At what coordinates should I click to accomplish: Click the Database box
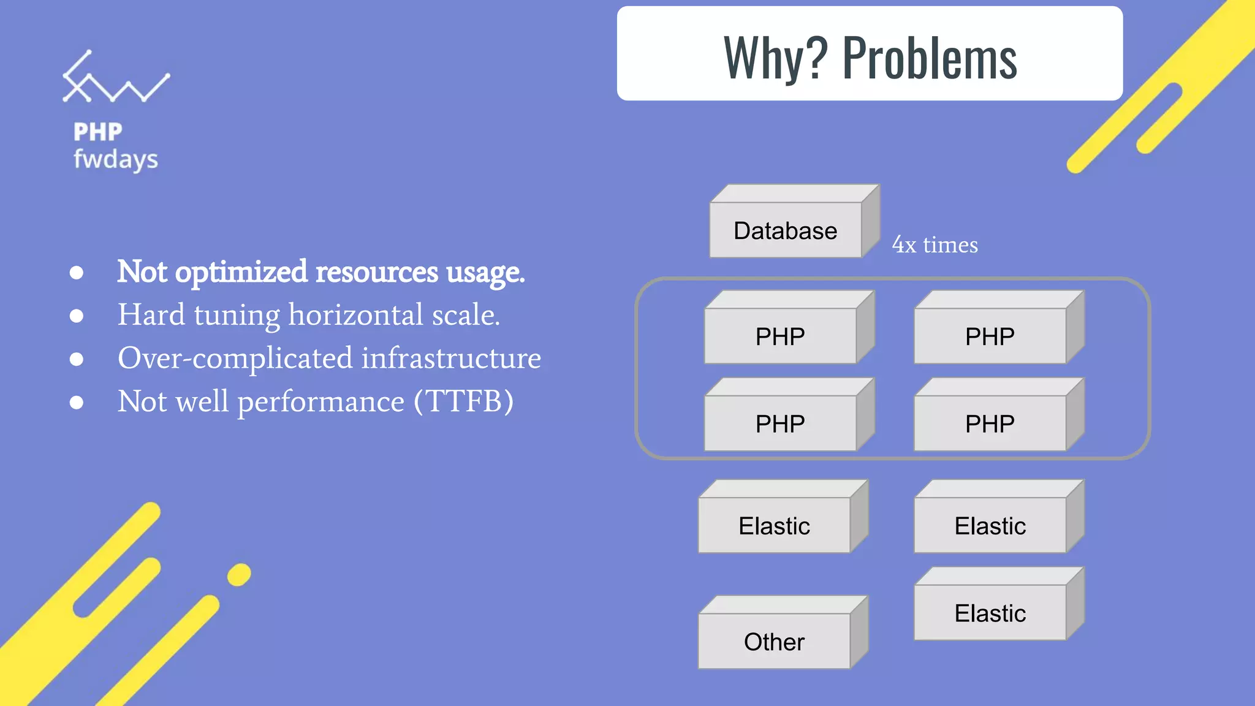coord(786,230)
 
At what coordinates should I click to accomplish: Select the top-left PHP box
coord(780,336)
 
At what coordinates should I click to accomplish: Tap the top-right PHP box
coord(990,336)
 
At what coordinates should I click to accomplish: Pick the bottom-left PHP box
coord(780,423)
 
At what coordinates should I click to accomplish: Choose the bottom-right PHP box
coord(990,423)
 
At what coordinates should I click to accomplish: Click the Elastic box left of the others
coord(774,526)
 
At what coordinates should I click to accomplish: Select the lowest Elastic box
coord(990,613)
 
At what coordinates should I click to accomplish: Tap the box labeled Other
coord(774,642)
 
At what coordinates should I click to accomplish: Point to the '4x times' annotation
coord(935,245)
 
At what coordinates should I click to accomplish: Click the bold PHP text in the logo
coord(98,132)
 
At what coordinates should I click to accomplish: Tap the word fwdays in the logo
coord(116,159)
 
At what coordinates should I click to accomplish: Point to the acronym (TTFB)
coord(464,401)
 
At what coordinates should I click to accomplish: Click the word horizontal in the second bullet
coord(356,315)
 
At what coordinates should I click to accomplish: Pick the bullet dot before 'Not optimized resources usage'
coord(77,272)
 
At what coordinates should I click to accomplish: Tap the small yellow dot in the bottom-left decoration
coord(239,575)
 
